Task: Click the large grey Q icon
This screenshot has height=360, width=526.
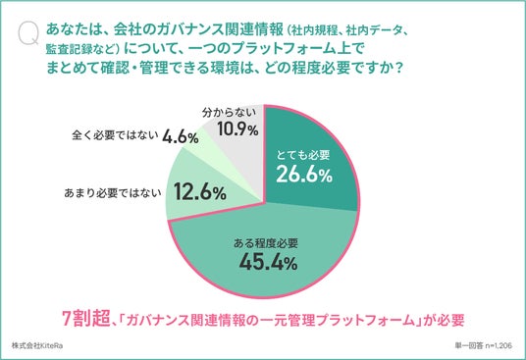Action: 28,34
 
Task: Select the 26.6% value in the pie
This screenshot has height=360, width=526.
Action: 304,175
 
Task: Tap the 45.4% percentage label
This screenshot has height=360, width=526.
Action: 268,261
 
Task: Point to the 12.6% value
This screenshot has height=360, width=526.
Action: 200,192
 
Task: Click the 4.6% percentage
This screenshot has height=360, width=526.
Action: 181,137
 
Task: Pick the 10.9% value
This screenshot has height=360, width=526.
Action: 237,129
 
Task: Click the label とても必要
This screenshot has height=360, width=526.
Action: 303,155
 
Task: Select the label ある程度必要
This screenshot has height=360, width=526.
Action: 266,243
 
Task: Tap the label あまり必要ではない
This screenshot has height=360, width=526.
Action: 113,193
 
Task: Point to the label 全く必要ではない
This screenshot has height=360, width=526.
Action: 115,135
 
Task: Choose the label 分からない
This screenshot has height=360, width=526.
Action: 229,113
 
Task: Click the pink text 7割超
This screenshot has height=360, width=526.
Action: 87,318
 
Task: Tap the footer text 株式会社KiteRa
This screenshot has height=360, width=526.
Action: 37,345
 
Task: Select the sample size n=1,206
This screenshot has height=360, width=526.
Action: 499,345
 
